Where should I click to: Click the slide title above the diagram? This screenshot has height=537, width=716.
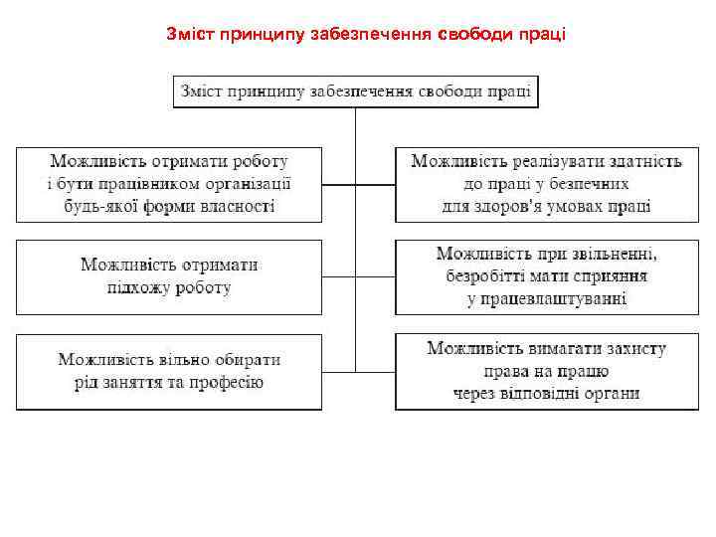coord(367,35)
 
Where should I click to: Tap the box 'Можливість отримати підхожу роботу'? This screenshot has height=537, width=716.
coord(169,276)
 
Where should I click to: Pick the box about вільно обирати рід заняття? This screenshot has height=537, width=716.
coord(169,371)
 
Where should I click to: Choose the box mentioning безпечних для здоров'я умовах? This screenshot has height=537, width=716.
coord(546,184)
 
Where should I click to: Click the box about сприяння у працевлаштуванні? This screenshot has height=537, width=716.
coord(546,276)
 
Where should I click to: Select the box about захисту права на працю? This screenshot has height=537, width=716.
coord(546,371)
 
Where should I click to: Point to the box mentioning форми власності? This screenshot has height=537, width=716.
coord(169,184)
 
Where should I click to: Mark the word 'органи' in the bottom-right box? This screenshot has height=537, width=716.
coord(614,394)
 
